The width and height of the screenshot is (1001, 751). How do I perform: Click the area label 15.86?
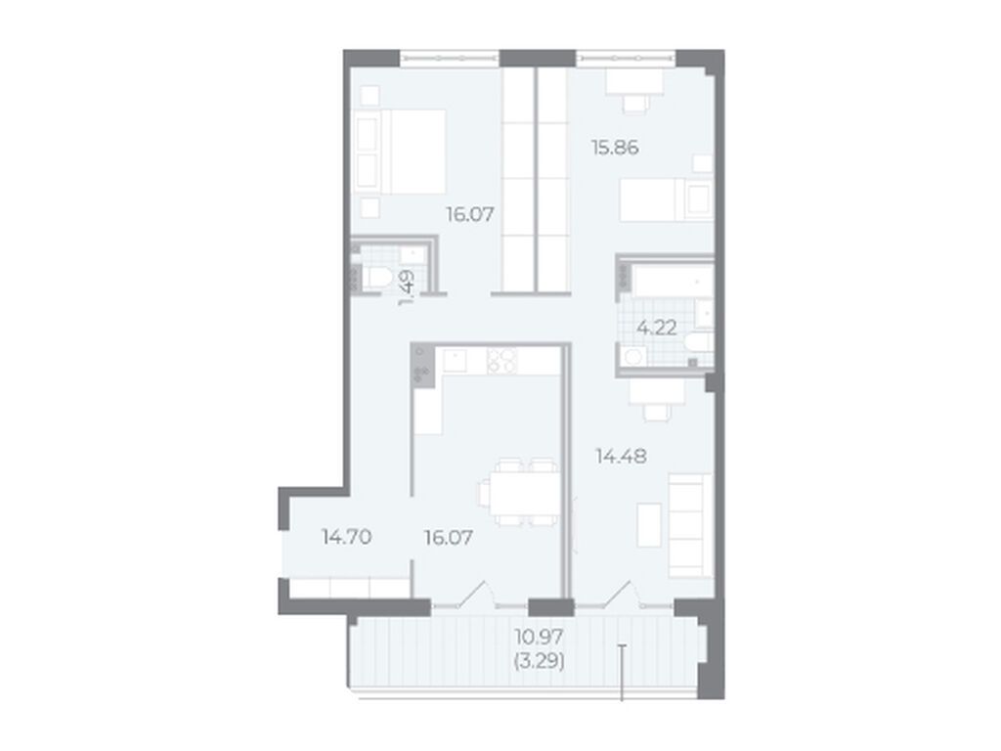point(615,148)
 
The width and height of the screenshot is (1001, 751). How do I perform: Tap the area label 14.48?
point(621,456)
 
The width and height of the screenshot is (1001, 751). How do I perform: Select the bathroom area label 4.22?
point(657,328)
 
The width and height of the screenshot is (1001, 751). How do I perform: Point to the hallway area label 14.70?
point(347,537)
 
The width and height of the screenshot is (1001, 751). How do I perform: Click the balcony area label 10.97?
point(539,637)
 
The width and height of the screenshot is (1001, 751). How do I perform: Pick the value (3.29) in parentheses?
point(539,662)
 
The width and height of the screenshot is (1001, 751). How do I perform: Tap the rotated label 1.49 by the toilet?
point(407,288)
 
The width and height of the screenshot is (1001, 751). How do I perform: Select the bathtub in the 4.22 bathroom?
point(673,282)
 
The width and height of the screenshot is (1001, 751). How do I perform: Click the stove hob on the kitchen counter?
point(501,361)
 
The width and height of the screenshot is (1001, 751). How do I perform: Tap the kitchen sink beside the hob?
point(455,361)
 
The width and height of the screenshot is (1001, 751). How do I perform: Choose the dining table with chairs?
point(519,492)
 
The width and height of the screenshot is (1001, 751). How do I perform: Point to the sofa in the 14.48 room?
point(690,525)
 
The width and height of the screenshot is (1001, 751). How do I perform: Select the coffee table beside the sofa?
point(649,525)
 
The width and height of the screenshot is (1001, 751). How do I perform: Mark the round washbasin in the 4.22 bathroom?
point(633,356)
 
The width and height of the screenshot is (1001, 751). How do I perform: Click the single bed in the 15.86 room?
point(667,199)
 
